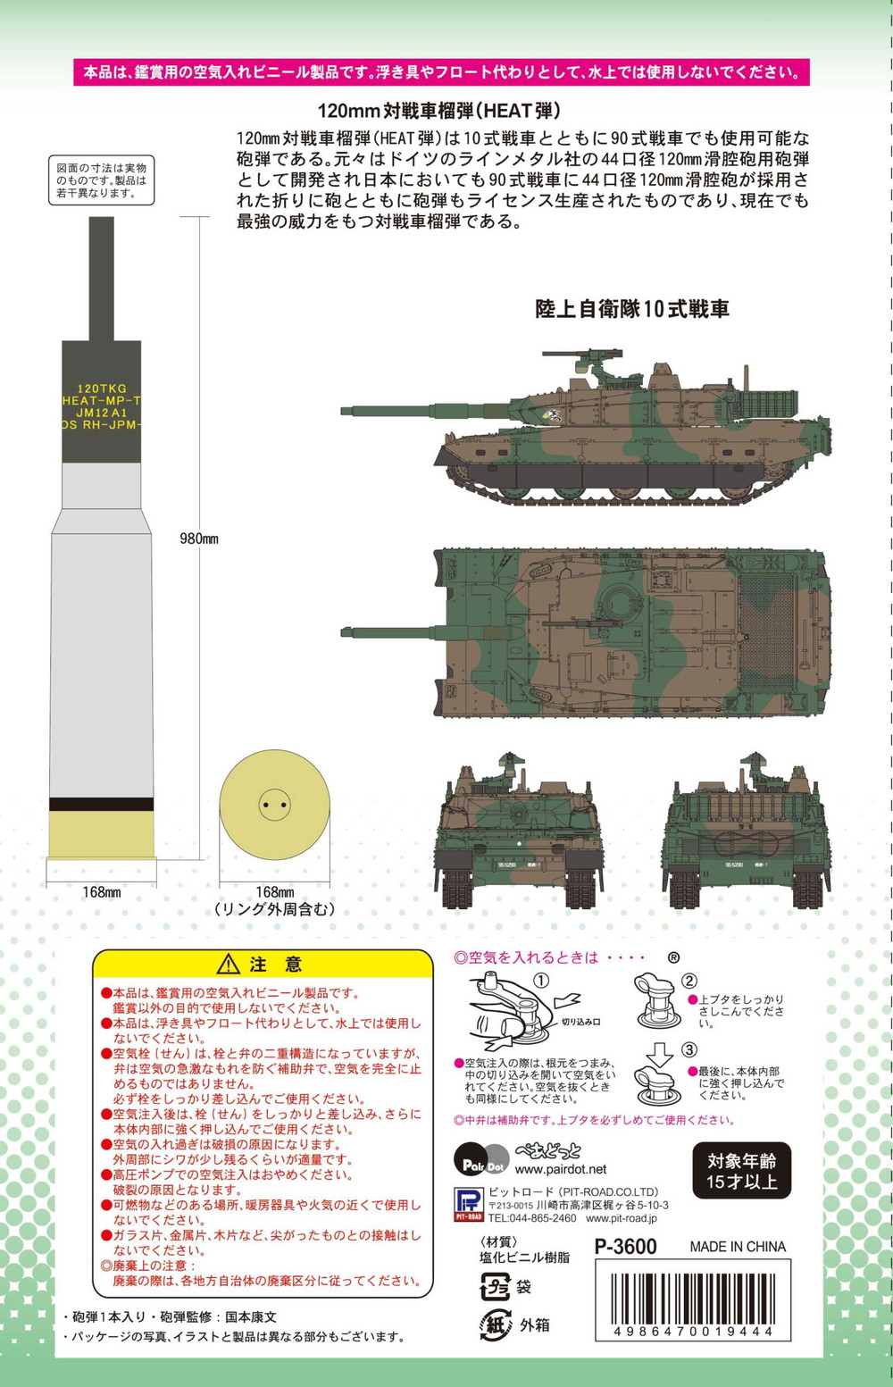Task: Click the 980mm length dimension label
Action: [199, 538]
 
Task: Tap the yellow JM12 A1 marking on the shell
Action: [102, 413]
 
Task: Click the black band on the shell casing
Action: [102, 804]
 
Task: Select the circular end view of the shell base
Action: [274, 805]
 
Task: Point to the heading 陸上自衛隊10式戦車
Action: [631, 308]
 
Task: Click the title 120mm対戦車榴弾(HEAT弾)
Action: [439, 111]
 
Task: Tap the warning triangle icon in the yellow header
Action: [229, 964]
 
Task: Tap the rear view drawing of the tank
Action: [747, 831]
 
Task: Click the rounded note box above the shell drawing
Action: [101, 180]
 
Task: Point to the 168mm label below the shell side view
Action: [102, 891]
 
